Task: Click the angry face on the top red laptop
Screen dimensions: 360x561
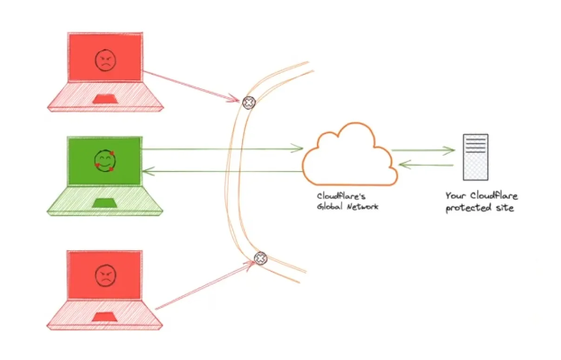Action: (x=105, y=61)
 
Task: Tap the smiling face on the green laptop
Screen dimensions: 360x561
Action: (x=105, y=163)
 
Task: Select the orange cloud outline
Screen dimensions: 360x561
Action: (x=348, y=157)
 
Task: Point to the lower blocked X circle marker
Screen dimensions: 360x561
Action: (x=260, y=258)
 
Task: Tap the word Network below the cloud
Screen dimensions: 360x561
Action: (x=361, y=207)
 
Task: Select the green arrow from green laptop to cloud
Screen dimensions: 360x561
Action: (x=221, y=149)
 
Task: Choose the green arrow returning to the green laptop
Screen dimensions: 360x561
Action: (x=221, y=171)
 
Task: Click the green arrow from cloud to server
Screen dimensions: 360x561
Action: (x=423, y=150)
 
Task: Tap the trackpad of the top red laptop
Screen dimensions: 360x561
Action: (x=105, y=97)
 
